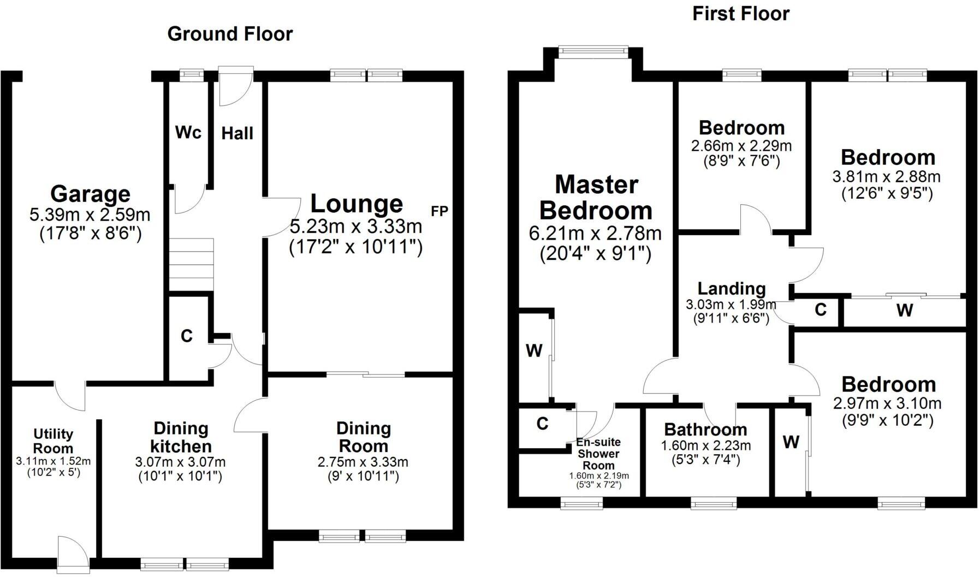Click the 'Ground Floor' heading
[230, 34]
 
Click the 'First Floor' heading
[740, 14]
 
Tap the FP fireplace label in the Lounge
[439, 211]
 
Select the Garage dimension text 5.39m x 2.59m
[90, 215]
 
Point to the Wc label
[188, 132]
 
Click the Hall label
[237, 133]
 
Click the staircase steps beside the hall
[191, 266]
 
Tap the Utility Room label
[53, 441]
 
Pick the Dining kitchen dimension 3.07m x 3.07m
[180, 462]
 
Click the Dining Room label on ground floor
[363, 437]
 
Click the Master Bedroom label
[596, 198]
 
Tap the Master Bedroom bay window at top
[593, 51]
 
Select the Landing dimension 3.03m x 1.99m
[730, 305]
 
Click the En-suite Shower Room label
[599, 454]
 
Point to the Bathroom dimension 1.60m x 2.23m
[705, 445]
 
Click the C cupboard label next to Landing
[820, 310]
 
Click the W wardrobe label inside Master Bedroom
[533, 350]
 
